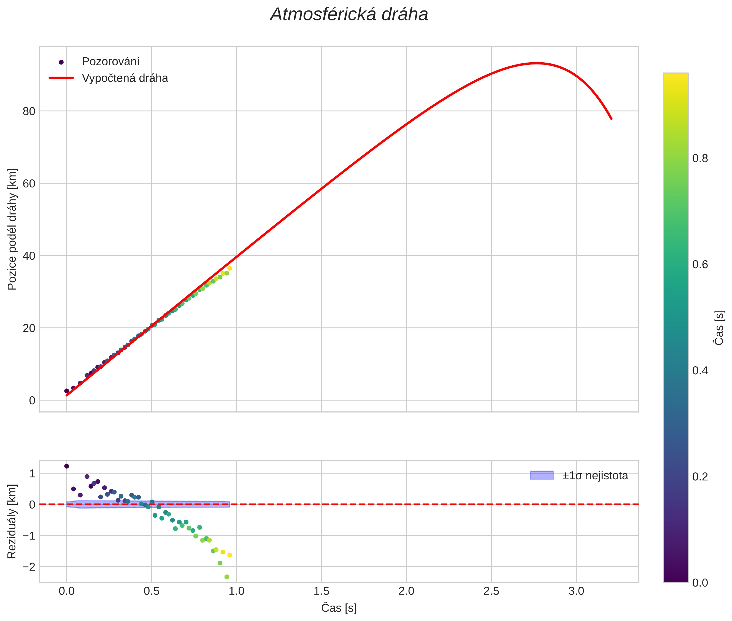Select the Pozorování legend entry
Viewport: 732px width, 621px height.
click(110, 62)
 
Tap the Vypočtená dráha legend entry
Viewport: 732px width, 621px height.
click(125, 78)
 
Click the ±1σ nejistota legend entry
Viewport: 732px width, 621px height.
click(595, 476)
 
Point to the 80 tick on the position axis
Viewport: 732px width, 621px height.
click(29, 111)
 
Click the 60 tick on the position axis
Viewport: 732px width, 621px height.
click(29, 183)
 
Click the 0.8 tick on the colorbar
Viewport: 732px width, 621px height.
click(700, 158)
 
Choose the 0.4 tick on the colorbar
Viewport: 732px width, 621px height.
click(700, 371)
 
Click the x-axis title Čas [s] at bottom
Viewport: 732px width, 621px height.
click(339, 608)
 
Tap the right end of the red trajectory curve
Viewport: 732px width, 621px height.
click(611, 119)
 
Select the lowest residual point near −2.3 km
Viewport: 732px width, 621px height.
click(227, 577)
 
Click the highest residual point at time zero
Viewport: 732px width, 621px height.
click(66, 466)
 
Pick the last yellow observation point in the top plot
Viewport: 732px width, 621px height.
click(229, 268)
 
